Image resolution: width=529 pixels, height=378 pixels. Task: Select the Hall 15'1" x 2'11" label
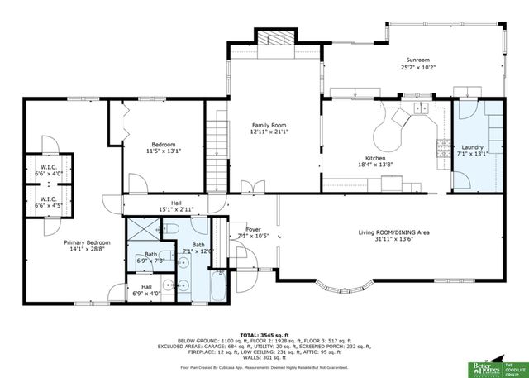click(175, 206)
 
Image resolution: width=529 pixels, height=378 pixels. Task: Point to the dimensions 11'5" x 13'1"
click(163, 151)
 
